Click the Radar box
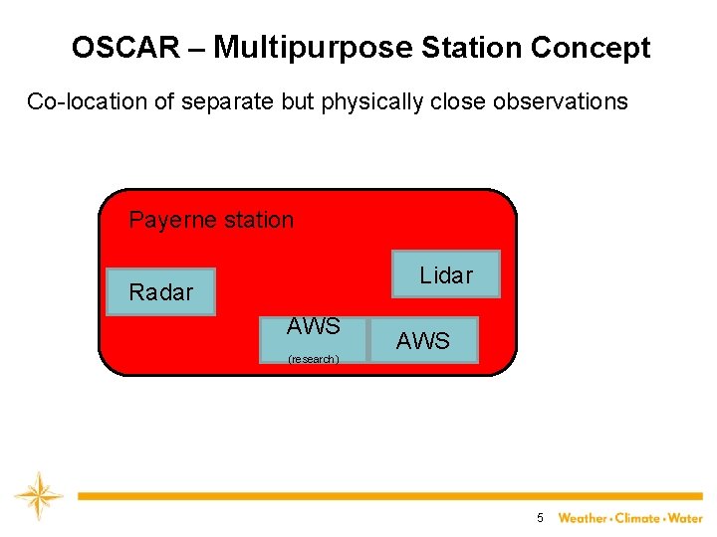tap(160, 292)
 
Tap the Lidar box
tap(445, 274)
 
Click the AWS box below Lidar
tap(423, 340)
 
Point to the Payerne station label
tap(211, 220)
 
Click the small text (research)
tap(313, 359)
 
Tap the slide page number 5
tap(540, 518)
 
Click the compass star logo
tap(38, 495)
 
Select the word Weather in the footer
tap(583, 518)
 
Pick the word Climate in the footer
tap(638, 518)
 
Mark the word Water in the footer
tap(686, 518)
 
